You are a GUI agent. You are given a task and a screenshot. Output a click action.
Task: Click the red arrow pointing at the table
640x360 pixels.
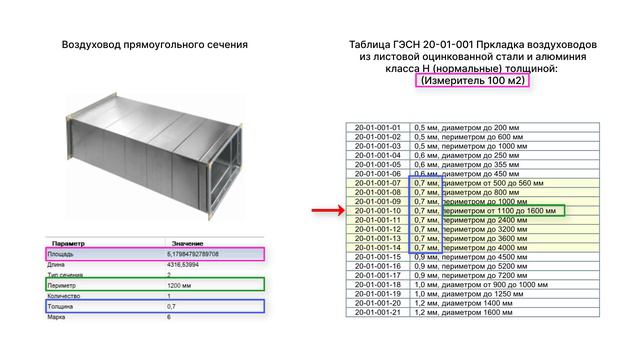325,211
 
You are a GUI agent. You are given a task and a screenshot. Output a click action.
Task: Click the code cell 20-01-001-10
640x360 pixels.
377,211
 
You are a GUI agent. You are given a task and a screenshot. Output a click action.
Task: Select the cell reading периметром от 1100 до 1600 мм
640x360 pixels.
502,211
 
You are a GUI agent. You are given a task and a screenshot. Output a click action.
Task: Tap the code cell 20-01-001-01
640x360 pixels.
377,128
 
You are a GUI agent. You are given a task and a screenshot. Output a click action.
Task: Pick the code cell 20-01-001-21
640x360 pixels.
377,312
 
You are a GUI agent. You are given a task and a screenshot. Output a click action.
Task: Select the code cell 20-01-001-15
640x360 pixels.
377,257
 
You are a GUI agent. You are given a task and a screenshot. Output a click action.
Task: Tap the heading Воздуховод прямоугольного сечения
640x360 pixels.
154,45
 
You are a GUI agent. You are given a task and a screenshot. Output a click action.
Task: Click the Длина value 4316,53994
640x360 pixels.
184,264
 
